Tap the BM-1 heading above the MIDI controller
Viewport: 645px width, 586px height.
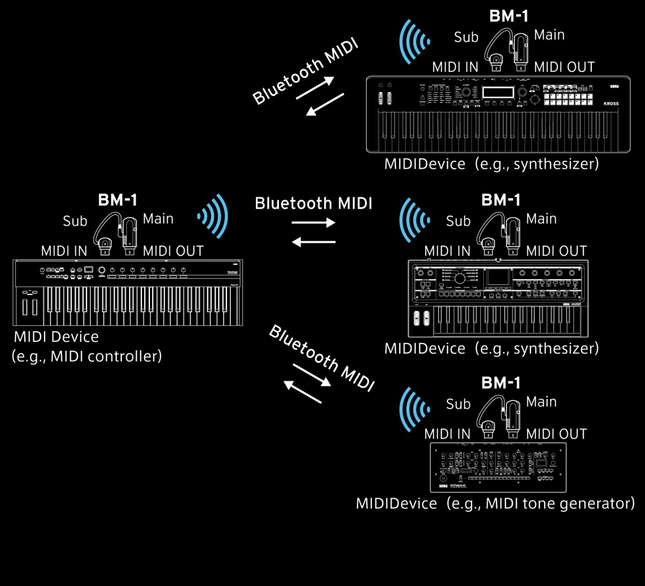(118, 201)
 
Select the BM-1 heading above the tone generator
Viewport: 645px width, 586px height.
(501, 383)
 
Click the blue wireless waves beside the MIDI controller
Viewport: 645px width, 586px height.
(214, 216)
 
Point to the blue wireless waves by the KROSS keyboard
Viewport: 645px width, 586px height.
(414, 41)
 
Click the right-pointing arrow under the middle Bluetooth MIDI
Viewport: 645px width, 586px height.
(313, 223)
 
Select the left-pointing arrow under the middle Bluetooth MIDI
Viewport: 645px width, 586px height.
(313, 242)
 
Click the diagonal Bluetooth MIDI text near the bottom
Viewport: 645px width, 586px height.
(321, 358)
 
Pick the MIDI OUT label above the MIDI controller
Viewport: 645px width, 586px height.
(173, 251)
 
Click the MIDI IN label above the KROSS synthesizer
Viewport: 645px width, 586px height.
(455, 68)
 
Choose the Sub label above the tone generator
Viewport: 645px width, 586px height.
(458, 404)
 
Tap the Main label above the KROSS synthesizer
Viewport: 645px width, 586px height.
(549, 35)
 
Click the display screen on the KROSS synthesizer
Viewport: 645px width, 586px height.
(498, 92)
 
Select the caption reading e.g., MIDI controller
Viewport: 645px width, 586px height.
(87, 356)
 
